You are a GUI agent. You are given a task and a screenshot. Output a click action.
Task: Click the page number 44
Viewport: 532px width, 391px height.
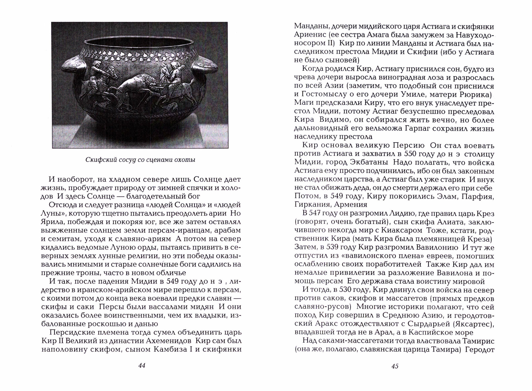click(142, 365)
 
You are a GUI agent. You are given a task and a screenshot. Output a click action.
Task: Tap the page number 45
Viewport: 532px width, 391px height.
click(395, 366)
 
